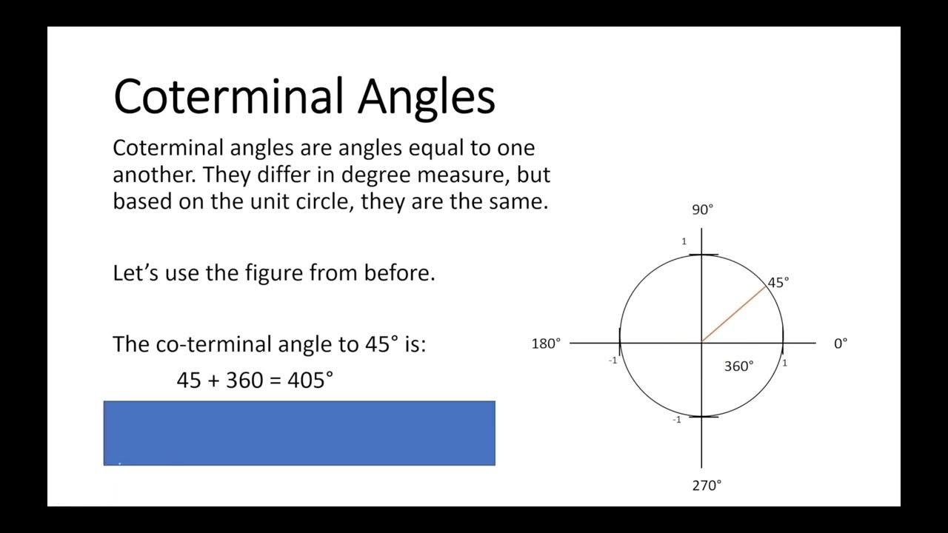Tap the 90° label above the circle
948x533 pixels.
point(702,209)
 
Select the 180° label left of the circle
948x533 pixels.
point(546,343)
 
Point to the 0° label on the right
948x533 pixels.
point(841,343)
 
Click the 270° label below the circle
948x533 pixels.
point(707,486)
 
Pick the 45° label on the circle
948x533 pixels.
point(778,282)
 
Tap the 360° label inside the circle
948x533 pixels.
point(738,366)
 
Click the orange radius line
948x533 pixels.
point(733,314)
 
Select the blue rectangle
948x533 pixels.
point(299,433)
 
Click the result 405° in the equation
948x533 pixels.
point(310,381)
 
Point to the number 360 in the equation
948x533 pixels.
point(244,381)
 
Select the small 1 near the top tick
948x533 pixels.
point(684,241)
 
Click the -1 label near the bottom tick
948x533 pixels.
point(676,420)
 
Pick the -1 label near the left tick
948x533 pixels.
point(612,361)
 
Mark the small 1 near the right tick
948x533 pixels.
point(784,363)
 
